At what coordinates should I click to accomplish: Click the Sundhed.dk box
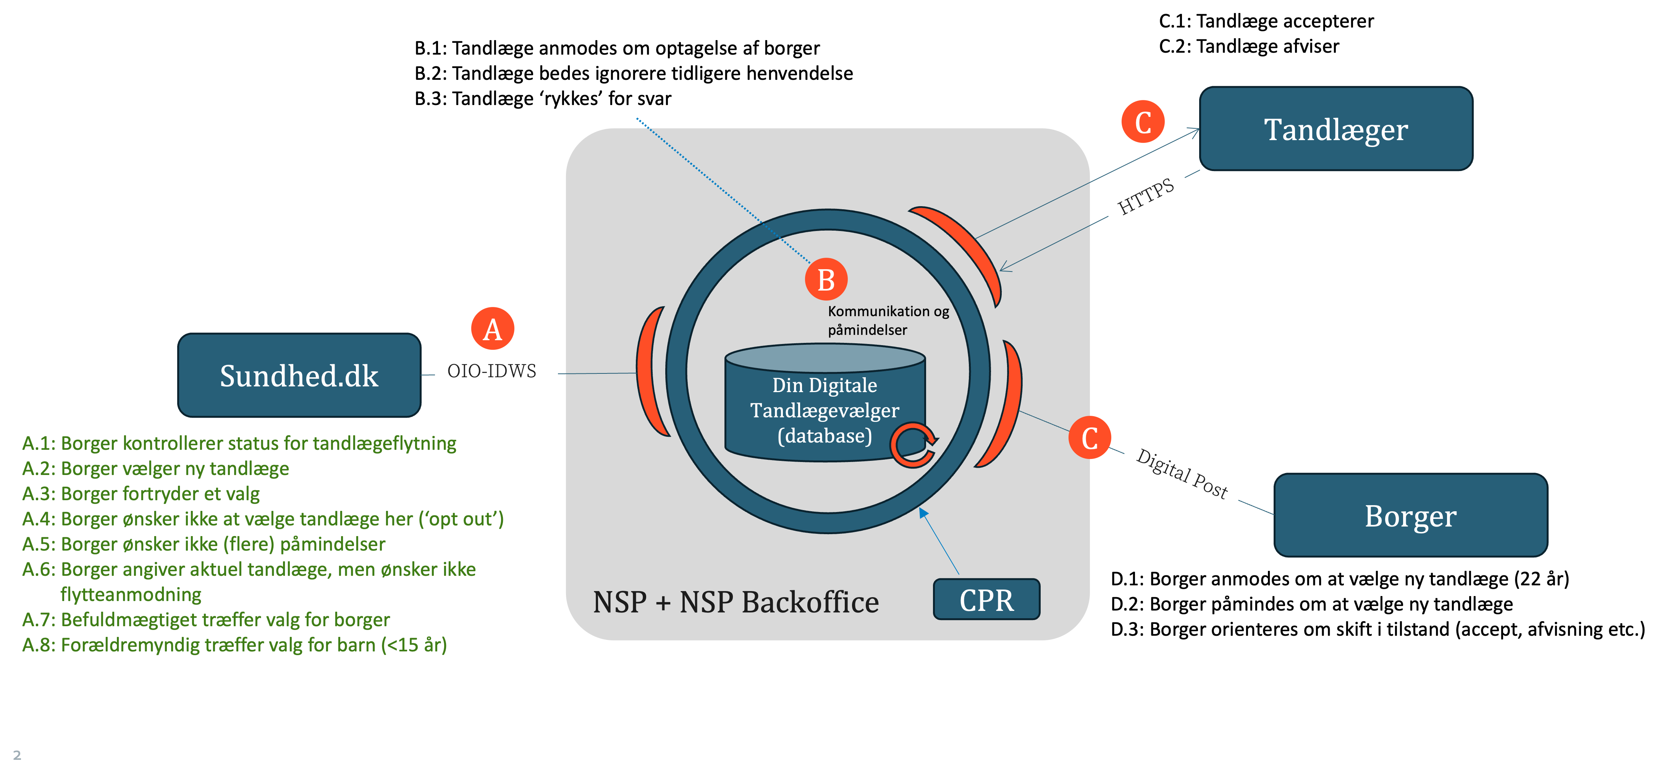(299, 375)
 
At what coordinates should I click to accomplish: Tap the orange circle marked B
(826, 279)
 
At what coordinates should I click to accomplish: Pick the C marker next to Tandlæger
(1143, 121)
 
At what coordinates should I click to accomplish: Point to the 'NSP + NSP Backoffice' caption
(736, 602)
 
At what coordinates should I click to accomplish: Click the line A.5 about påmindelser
(204, 544)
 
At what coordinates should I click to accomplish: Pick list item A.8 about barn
(234, 645)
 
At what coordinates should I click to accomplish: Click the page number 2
(17, 755)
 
